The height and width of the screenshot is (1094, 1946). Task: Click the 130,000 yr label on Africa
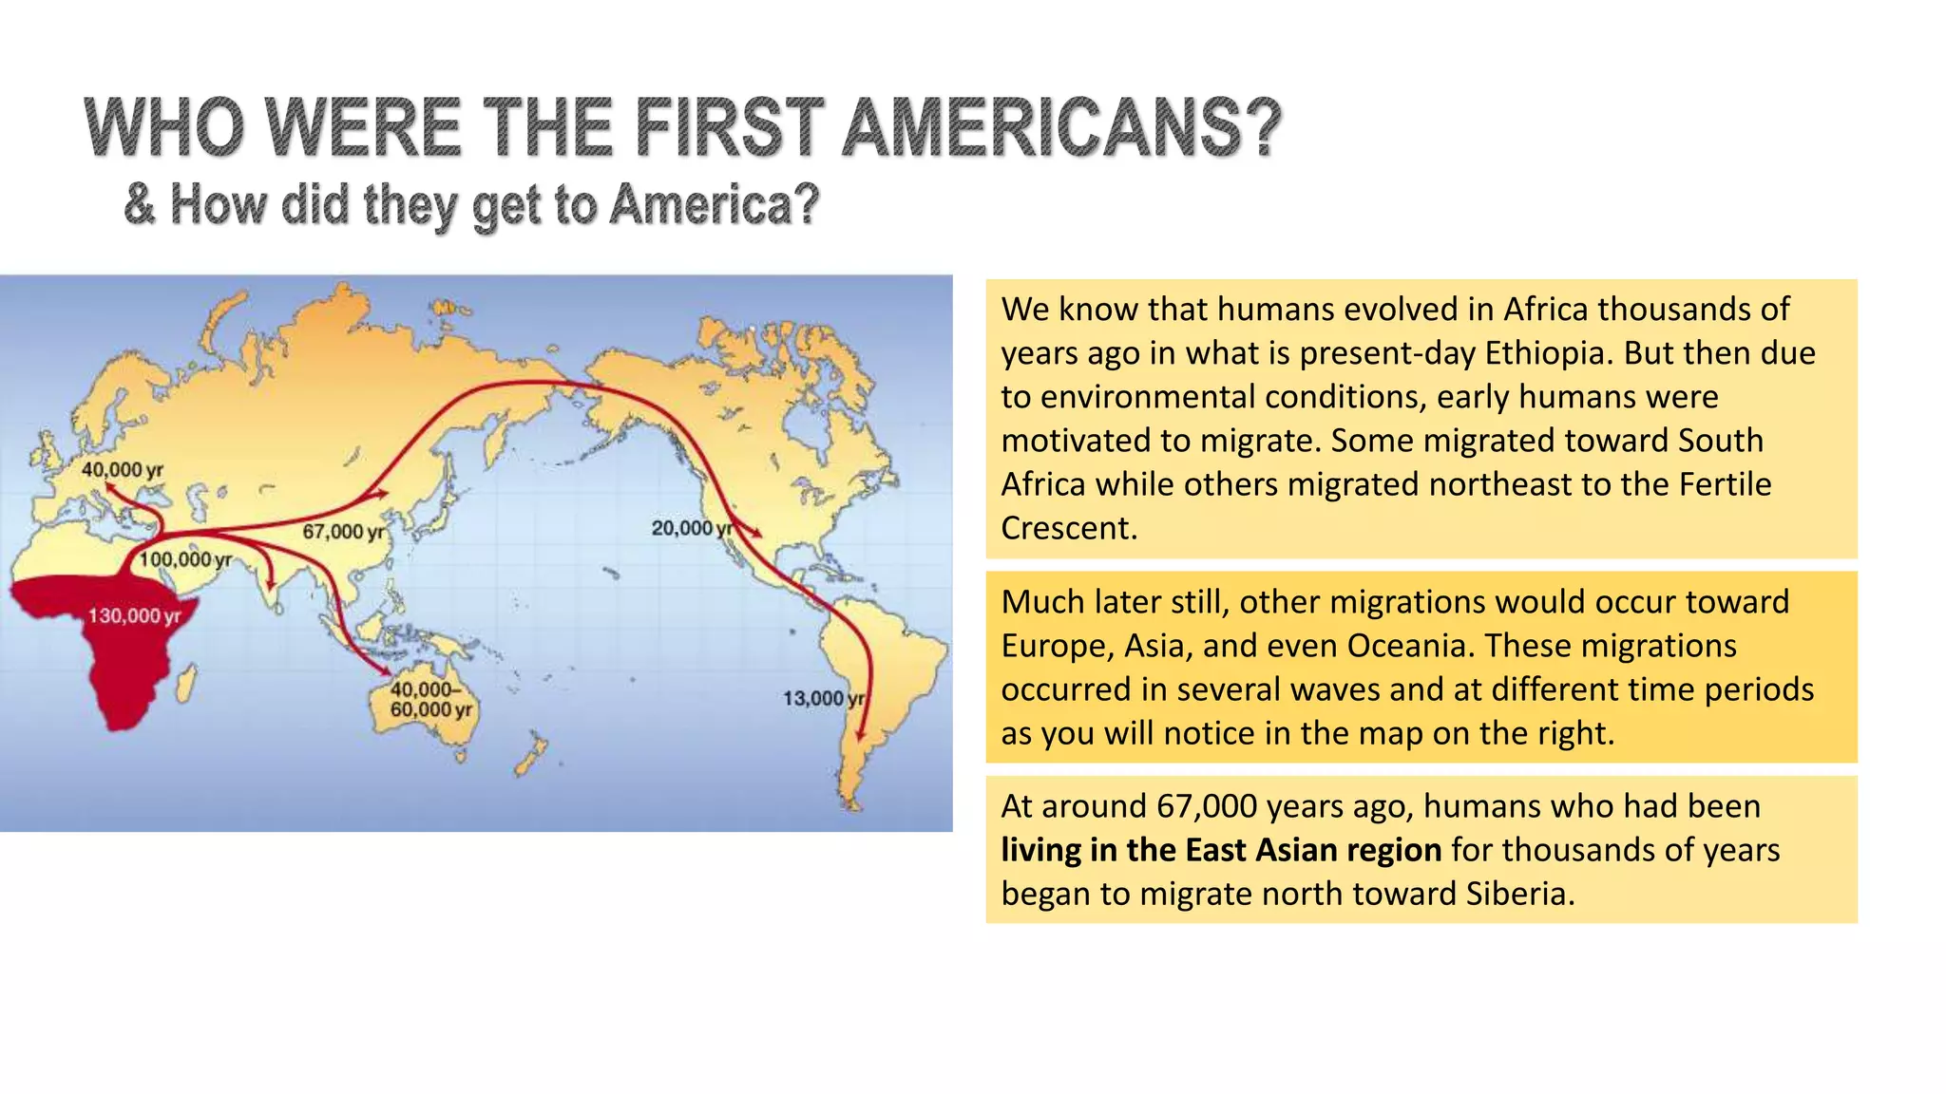(134, 615)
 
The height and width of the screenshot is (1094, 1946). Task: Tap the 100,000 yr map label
(185, 559)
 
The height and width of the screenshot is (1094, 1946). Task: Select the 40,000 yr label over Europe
(122, 469)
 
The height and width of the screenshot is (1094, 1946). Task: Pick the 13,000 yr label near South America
(823, 698)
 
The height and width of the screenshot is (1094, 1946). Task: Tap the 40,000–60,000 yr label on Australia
(430, 700)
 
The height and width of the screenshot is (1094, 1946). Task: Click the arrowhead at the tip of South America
(861, 734)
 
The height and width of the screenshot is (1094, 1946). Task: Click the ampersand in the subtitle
(140, 204)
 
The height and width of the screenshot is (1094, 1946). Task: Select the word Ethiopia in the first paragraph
(1548, 353)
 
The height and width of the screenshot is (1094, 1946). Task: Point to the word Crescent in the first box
(1068, 528)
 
